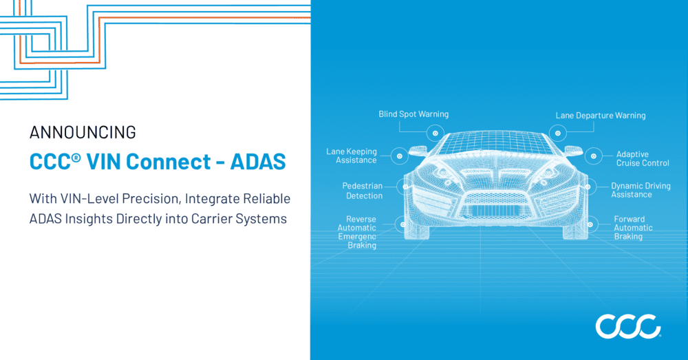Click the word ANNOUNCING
coord(83,133)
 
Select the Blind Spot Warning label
coord(413,114)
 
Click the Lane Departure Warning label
coord(601,116)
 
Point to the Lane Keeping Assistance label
coord(352,156)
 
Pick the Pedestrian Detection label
coord(363,191)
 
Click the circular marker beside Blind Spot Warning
coord(435,133)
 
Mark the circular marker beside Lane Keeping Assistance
coord(399,156)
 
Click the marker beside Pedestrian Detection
coord(400,186)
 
